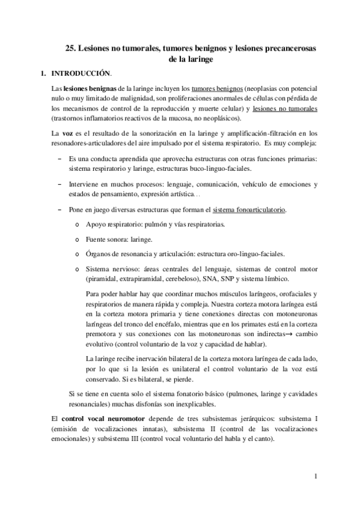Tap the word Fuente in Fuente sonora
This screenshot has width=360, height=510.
[97, 239]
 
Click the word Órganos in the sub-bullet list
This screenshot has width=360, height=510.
[100, 253]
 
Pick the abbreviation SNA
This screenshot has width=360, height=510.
[214, 279]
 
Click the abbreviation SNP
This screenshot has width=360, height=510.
[235, 279]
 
